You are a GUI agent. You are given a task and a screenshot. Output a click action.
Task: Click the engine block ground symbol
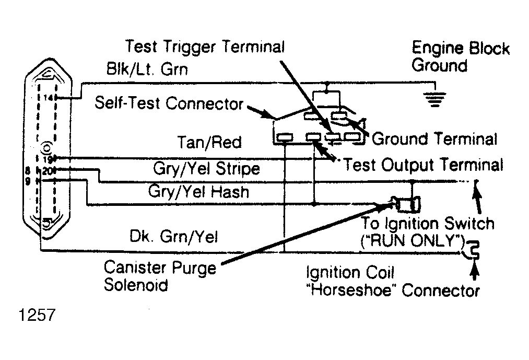click(x=435, y=99)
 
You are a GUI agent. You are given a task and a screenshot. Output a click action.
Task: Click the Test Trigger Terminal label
click(x=205, y=47)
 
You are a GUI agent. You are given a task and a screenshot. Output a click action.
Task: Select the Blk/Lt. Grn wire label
click(x=147, y=69)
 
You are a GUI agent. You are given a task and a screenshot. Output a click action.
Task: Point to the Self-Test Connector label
click(x=169, y=103)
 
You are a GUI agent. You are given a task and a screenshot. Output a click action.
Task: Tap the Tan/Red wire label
click(x=209, y=142)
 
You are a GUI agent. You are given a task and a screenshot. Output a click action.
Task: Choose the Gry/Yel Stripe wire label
click(x=206, y=168)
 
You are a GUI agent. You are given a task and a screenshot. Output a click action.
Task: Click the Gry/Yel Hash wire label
click(x=199, y=191)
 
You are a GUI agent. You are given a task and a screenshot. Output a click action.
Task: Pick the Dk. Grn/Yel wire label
click(x=174, y=236)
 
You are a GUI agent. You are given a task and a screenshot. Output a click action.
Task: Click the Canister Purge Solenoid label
click(x=160, y=276)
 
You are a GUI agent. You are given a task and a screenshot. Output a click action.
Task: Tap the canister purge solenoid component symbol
click(x=408, y=204)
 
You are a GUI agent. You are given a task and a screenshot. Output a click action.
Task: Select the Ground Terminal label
click(x=434, y=139)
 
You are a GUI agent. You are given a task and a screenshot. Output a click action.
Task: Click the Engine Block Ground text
click(x=461, y=57)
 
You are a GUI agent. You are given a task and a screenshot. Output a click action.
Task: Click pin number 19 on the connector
click(x=48, y=159)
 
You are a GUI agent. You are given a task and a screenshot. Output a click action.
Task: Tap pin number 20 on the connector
click(x=47, y=171)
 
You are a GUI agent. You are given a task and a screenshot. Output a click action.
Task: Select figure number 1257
click(x=37, y=315)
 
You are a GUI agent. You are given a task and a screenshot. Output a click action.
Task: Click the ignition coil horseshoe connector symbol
click(x=471, y=250)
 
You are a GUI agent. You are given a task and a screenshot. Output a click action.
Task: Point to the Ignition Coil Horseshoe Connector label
click(x=393, y=281)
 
